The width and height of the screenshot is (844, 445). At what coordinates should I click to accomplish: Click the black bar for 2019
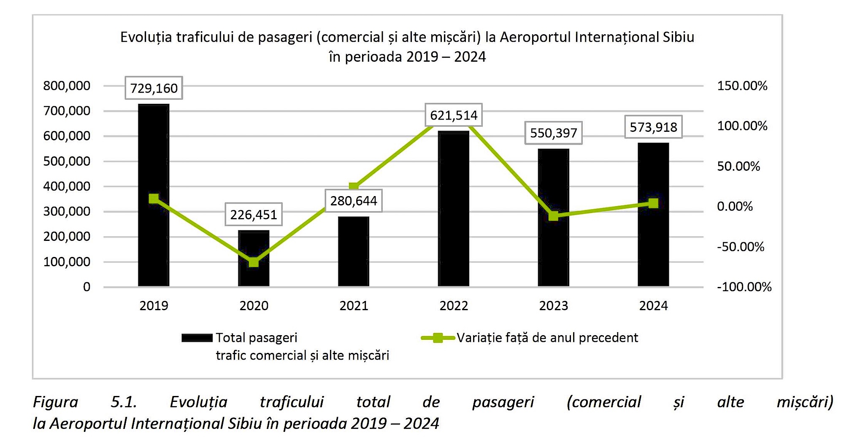coord(154,194)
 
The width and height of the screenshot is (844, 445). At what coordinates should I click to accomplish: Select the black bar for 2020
coord(254,258)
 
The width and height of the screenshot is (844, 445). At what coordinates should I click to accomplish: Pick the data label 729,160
coord(154,88)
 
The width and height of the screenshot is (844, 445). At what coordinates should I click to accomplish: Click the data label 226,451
coord(254,215)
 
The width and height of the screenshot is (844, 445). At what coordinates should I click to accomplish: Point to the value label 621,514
coord(454,115)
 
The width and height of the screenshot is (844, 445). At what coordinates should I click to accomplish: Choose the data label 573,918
coord(653,127)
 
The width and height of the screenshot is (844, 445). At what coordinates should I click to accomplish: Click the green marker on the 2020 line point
coord(254,262)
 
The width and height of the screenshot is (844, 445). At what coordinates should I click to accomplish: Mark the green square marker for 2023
coord(553,216)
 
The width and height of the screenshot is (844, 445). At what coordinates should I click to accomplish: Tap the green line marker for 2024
coord(653,203)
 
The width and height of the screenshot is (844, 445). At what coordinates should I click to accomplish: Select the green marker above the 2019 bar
coord(154,199)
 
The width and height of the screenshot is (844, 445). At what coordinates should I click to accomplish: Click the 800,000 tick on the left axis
coord(67,86)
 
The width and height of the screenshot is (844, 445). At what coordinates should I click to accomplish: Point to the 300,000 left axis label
coord(67,211)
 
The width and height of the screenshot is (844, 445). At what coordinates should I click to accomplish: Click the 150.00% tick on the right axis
coord(742,86)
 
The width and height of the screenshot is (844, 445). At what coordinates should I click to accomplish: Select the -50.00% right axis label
coord(740,247)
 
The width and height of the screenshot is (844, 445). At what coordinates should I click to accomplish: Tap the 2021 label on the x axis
coord(354,306)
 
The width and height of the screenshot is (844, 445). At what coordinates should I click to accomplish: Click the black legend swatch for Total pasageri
coord(197,338)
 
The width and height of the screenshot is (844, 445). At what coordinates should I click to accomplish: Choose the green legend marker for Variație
coord(438,338)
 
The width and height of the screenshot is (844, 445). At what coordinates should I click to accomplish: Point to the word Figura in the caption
coord(56,402)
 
